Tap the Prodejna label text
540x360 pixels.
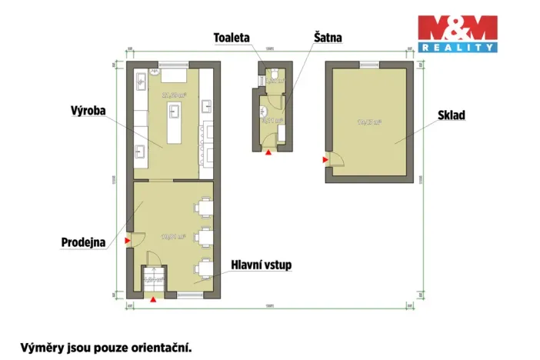pos(84,242)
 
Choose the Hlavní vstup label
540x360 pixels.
pos(262,265)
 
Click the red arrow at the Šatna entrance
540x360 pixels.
pos(268,152)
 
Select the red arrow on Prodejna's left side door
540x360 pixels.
pos(128,241)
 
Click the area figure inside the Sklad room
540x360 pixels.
pos(369,122)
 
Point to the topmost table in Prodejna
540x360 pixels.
pos(204,207)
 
